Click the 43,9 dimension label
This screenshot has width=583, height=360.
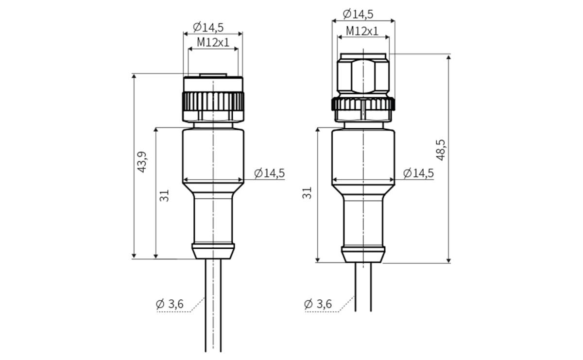(x=142, y=162)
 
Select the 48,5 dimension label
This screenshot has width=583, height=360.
(x=441, y=149)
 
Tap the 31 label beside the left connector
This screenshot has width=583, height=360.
(x=165, y=195)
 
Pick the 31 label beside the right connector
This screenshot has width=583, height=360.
(x=307, y=193)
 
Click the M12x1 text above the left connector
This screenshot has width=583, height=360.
(x=213, y=42)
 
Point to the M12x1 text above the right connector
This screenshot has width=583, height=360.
(x=362, y=31)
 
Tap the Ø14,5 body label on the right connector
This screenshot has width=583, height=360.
(x=419, y=173)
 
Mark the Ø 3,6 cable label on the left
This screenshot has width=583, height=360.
(x=170, y=304)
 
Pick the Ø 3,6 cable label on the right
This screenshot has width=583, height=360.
(x=318, y=304)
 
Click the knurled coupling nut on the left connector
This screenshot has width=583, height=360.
(x=213, y=102)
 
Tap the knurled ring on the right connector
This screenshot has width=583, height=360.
(x=363, y=104)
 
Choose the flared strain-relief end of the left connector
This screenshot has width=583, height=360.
(x=213, y=252)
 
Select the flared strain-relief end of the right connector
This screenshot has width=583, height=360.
(x=363, y=255)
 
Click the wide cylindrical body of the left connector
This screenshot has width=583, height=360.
(x=213, y=153)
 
